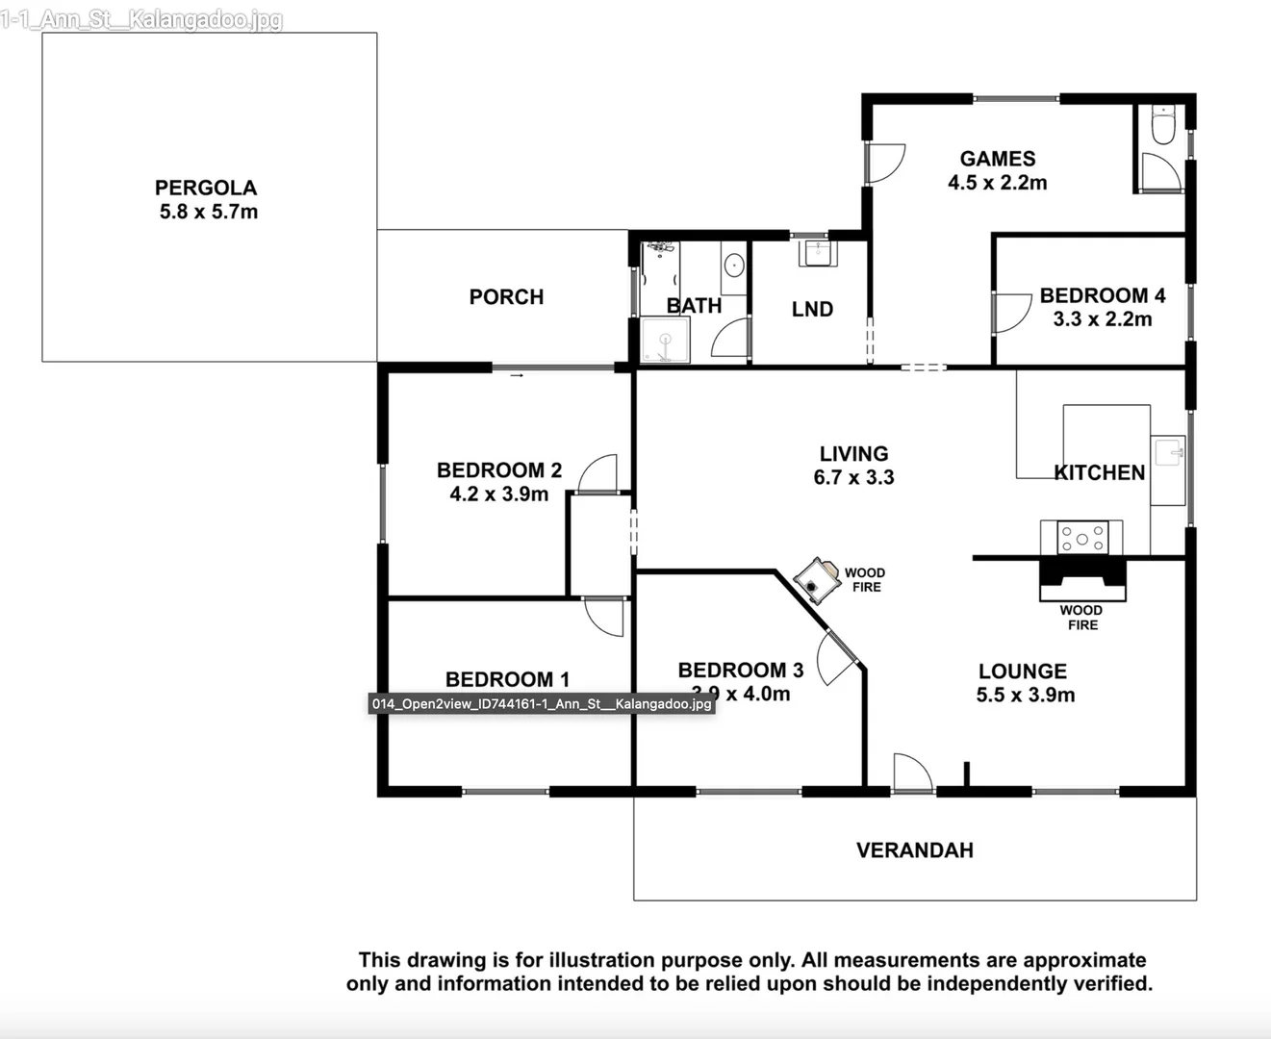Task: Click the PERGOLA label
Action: click(x=206, y=188)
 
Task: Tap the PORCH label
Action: click(x=506, y=297)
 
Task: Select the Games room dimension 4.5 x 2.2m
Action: click(x=997, y=183)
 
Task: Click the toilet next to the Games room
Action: click(x=1163, y=125)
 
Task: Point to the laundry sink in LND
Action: click(x=818, y=253)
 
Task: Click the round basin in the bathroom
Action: click(x=734, y=265)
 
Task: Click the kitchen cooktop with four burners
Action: click(x=1082, y=539)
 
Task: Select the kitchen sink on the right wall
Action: click(x=1169, y=451)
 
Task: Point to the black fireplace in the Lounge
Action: click(x=1081, y=577)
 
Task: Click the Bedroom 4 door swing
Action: click(x=1010, y=313)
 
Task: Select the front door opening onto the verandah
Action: click(x=912, y=773)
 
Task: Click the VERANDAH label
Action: click(x=914, y=850)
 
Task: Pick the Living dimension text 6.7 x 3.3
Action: click(x=853, y=477)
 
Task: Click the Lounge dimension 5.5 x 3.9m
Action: click(x=1025, y=695)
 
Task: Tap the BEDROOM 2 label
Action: click(x=498, y=470)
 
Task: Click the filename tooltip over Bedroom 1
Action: click(x=542, y=704)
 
